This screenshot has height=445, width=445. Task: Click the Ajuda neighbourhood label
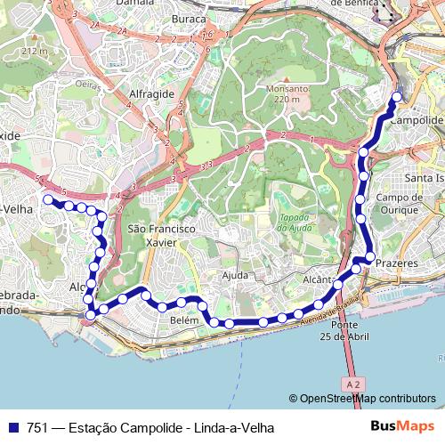pyautogui.click(x=235, y=275)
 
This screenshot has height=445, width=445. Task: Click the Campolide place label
pyautogui.click(x=417, y=119)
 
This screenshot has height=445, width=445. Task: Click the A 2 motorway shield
pyautogui.click(x=352, y=384)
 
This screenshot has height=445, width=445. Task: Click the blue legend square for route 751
pyautogui.click(x=12, y=428)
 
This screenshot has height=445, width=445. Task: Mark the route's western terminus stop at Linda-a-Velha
pyautogui.click(x=48, y=199)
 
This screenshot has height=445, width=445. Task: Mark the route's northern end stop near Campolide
pyautogui.click(x=397, y=98)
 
